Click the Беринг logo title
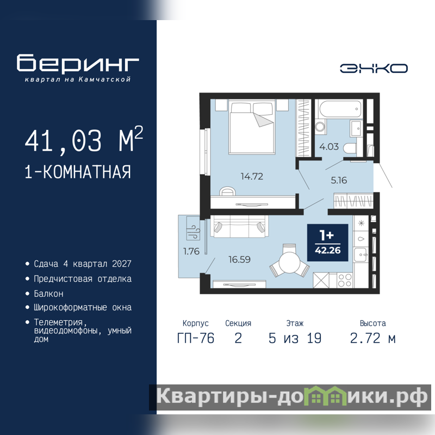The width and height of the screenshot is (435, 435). (x=78, y=63)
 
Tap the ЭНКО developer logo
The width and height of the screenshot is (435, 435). (x=374, y=69)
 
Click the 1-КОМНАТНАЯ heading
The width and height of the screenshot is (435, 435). (x=78, y=172)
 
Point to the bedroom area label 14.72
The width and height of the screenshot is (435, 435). (x=252, y=176)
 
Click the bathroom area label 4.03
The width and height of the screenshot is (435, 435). (x=329, y=146)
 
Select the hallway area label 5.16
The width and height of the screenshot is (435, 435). (x=339, y=181)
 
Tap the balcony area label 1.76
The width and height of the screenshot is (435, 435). (x=191, y=251)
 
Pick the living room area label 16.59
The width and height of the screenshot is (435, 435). (x=239, y=259)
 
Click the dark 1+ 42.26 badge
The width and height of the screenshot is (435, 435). (x=328, y=243)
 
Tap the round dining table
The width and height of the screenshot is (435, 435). (x=289, y=262)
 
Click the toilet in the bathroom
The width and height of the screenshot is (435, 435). (x=350, y=148)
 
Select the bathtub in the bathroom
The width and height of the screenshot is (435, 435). (x=341, y=109)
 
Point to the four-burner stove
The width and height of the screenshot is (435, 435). (x=345, y=280)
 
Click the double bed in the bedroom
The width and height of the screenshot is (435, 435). (x=252, y=127)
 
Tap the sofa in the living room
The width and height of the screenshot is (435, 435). (x=239, y=227)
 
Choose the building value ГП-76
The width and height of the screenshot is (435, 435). (x=196, y=338)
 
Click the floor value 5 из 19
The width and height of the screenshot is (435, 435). (x=295, y=338)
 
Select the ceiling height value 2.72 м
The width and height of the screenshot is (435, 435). (x=372, y=338)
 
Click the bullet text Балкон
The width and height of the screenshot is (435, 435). (x=48, y=294)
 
